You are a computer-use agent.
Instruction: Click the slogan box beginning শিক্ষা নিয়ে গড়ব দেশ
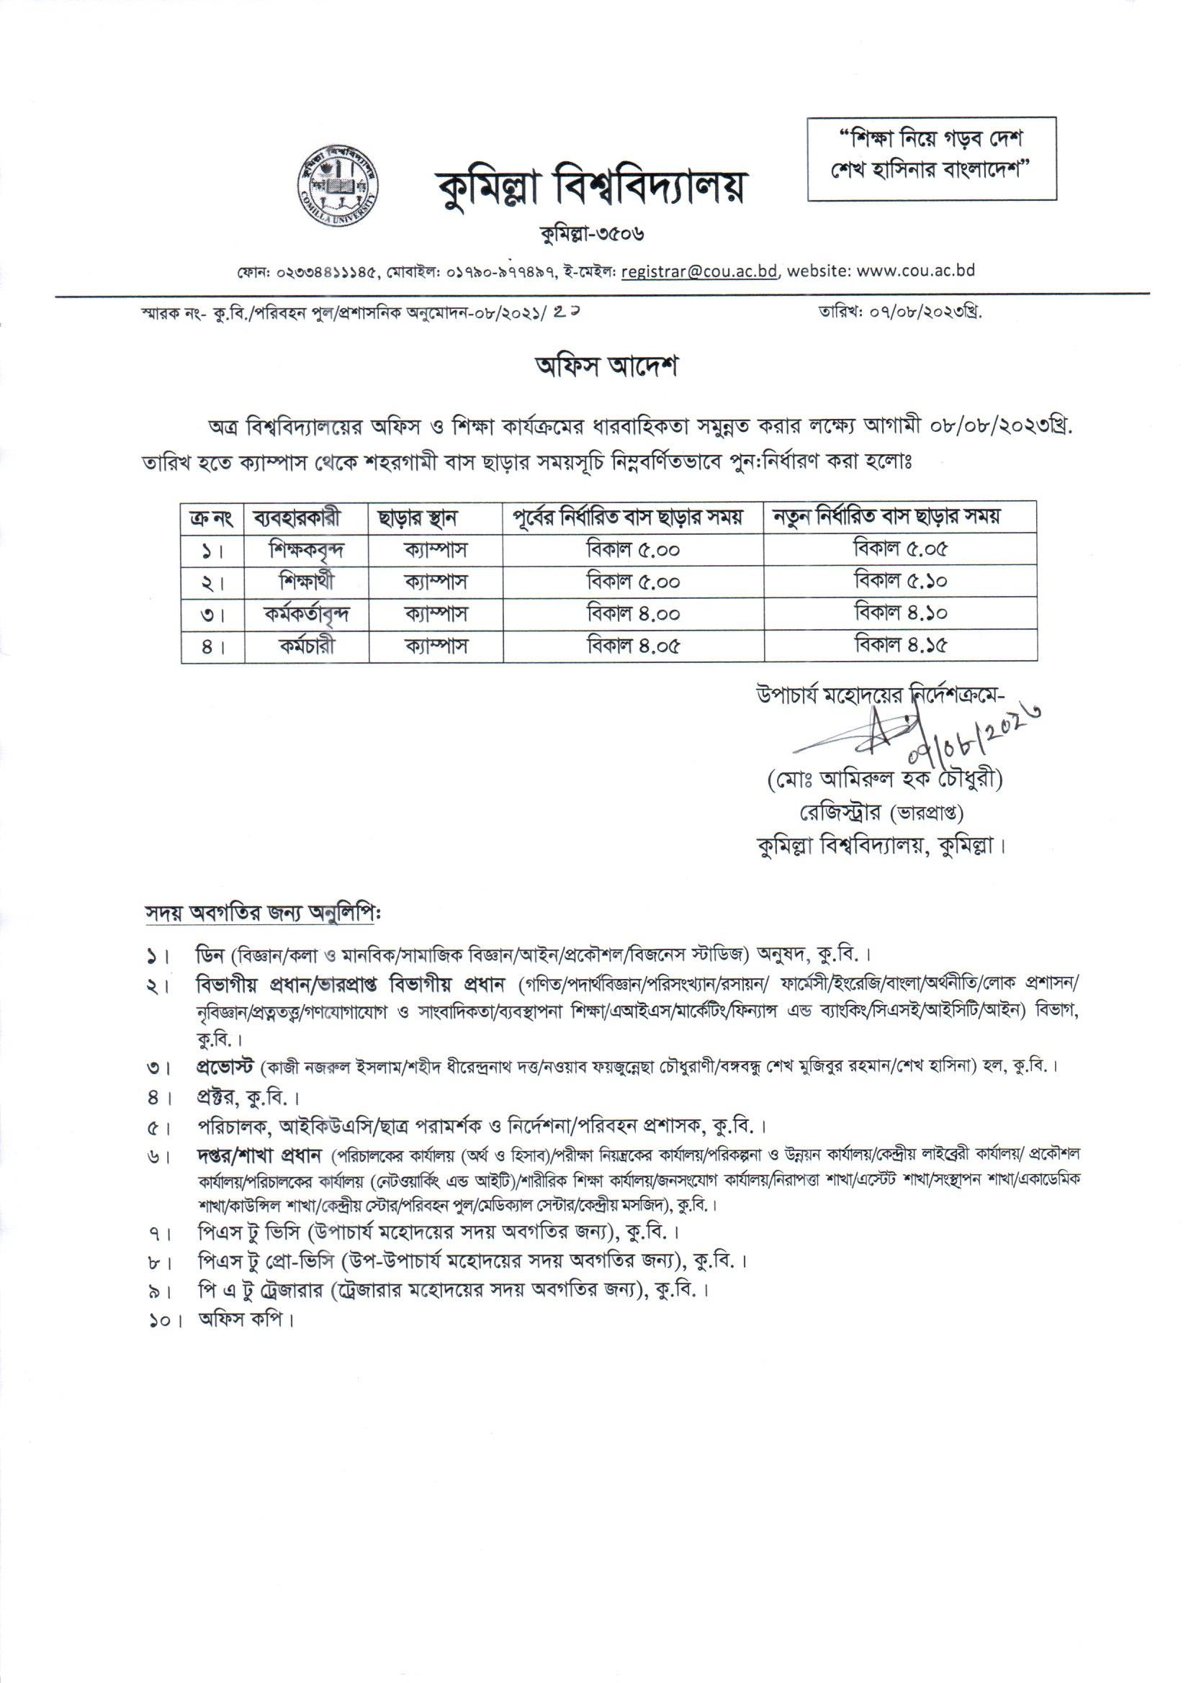click(931, 158)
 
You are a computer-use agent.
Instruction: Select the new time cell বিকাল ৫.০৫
click(901, 549)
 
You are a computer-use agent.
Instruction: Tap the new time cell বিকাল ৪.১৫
click(901, 646)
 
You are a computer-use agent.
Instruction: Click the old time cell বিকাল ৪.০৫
click(634, 646)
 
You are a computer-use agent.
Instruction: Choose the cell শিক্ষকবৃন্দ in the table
click(307, 549)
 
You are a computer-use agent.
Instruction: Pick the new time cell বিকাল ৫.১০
click(901, 582)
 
